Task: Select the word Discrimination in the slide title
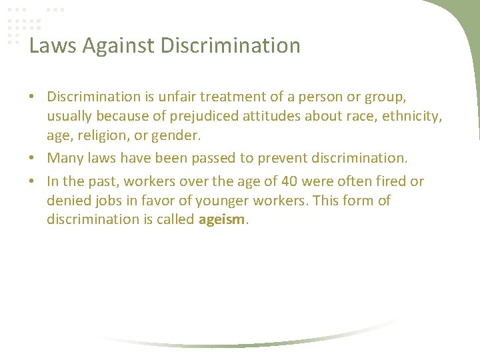[x=231, y=46]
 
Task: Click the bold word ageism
[x=222, y=220]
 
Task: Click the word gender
[x=180, y=136]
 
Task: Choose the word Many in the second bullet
[x=65, y=159]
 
